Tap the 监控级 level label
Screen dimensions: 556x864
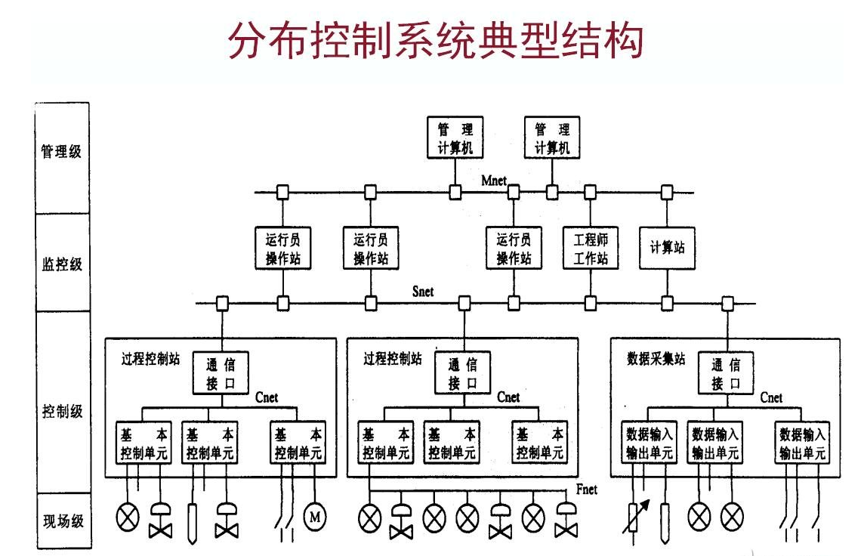(61, 265)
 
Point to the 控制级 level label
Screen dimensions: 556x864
(61, 412)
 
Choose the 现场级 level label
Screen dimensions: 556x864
(61, 520)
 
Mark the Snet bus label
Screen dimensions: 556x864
(423, 292)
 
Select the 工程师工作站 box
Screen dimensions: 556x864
(590, 249)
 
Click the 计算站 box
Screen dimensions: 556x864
(667, 248)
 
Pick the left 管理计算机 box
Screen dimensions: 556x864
(455, 138)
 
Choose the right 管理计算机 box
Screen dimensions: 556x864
(552, 138)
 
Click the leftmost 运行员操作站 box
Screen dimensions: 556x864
(283, 249)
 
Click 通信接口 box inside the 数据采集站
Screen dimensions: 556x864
(726, 373)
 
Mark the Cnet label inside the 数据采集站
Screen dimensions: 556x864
(771, 398)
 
